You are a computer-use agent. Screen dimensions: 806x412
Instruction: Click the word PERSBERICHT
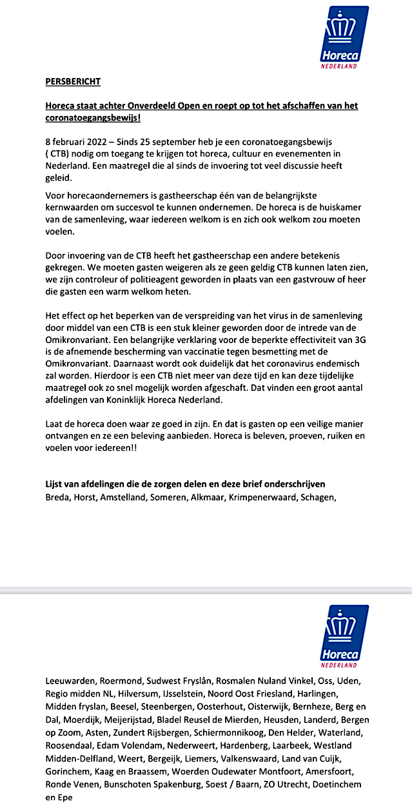[x=73, y=82]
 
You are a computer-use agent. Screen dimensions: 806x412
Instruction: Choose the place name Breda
[x=59, y=497]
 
